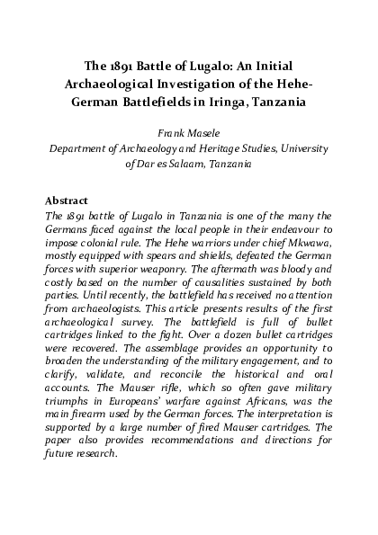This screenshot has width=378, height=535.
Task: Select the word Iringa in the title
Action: [x=224, y=103]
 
